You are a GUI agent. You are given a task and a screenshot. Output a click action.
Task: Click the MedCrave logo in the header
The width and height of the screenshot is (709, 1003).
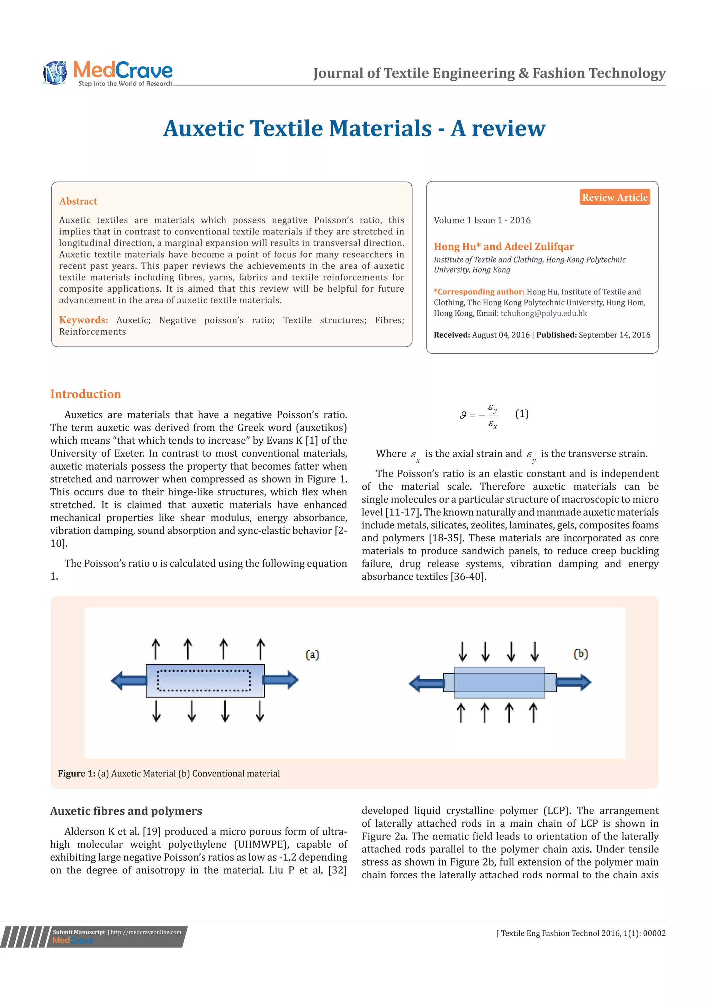point(108,72)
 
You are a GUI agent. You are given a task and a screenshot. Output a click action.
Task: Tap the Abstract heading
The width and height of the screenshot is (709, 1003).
point(78,201)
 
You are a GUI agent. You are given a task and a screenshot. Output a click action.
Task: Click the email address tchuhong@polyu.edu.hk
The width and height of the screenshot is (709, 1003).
point(544,313)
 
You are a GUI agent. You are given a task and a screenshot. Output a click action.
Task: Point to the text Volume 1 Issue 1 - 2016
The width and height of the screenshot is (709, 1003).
point(482,220)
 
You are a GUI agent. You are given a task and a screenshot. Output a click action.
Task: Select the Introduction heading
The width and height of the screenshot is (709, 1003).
point(86,394)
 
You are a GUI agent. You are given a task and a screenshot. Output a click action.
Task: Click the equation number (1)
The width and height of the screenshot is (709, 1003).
point(522,414)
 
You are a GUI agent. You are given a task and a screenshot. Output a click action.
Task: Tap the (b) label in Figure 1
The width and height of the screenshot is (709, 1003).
point(581,654)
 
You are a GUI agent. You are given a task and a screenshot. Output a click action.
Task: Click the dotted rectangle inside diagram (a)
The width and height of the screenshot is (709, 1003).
point(204,681)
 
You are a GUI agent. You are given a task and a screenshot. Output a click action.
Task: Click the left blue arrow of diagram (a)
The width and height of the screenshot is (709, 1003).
point(129,681)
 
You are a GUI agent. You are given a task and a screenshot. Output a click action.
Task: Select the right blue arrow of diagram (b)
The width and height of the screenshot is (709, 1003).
point(574,682)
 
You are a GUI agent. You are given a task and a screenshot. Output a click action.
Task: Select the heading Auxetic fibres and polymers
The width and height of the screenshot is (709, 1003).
point(126,811)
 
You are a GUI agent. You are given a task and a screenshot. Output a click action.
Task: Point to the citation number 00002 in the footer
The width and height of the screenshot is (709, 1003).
point(654,933)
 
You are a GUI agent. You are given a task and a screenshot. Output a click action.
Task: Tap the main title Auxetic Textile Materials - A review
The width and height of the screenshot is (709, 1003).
point(354,128)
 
